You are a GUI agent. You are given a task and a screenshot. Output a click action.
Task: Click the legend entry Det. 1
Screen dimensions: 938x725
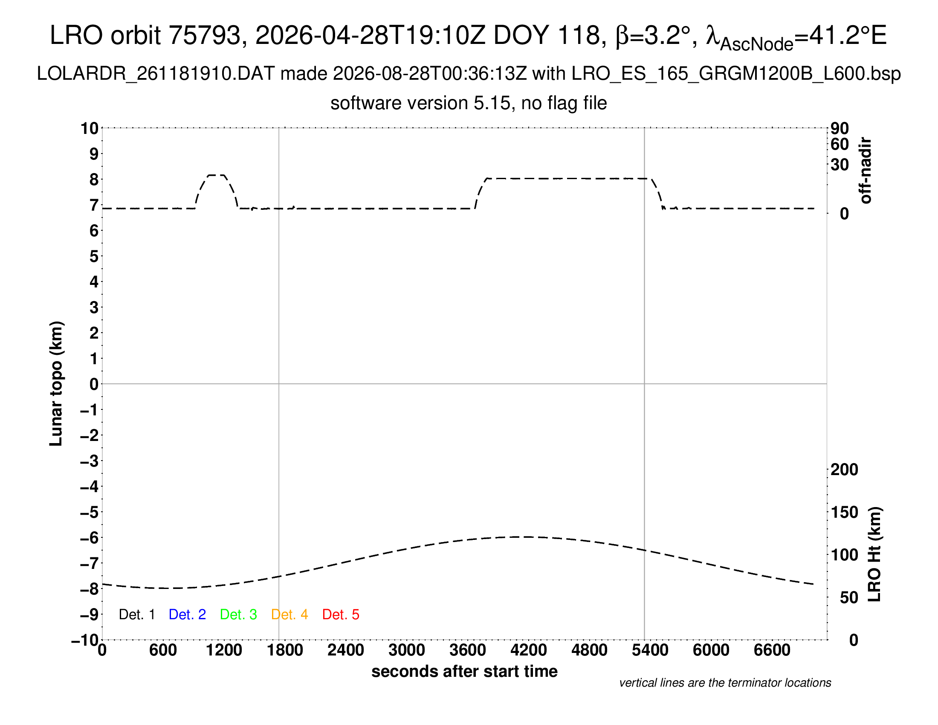pos(136,615)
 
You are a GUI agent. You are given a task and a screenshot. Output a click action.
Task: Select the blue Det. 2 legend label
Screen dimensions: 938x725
pos(187,615)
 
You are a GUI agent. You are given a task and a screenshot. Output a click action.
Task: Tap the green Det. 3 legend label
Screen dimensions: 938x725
pos(238,615)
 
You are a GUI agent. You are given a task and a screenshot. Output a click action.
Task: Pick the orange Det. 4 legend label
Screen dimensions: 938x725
pos(290,615)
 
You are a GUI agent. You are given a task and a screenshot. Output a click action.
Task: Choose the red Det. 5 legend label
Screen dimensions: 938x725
pos(341,615)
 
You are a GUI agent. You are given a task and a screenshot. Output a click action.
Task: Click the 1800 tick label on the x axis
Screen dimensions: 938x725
pos(285,650)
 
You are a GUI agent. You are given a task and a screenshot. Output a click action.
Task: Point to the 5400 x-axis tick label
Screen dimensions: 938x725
pos(650,650)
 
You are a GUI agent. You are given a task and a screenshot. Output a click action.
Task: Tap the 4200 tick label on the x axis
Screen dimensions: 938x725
pos(528,650)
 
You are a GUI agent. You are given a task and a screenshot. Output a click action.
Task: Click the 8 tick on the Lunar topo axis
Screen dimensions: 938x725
pos(94,179)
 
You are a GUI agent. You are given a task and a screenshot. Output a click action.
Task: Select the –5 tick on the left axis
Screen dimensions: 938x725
pos(90,512)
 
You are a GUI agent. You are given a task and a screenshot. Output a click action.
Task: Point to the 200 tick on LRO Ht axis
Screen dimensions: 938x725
pos(844,470)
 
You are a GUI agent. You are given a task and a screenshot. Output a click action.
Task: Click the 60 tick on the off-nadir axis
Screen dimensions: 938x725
pos(840,144)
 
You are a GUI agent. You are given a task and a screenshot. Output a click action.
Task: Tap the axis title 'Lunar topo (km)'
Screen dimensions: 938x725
pos(56,383)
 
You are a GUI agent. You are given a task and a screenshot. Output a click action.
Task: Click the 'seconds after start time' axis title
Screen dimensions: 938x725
pos(464,671)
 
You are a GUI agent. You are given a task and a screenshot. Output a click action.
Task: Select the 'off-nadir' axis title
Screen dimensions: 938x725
pos(866,171)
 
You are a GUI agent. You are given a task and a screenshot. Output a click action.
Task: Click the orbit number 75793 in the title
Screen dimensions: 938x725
pos(204,35)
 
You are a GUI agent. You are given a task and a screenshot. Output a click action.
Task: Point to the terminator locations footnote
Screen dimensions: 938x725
pos(725,683)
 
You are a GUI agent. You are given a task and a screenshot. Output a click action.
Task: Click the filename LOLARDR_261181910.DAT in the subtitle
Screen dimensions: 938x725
pos(156,74)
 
